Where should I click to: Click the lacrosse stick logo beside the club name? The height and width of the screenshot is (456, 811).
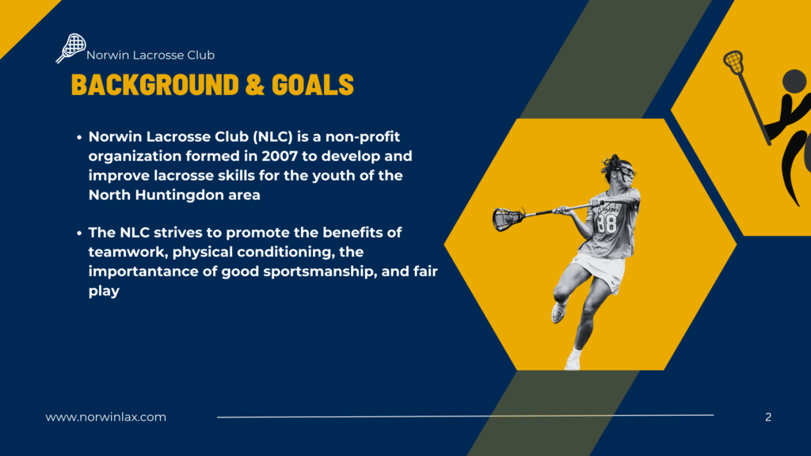[70, 48]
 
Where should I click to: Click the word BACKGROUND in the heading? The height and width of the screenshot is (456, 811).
[155, 85]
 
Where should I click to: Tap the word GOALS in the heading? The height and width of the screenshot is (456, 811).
[312, 85]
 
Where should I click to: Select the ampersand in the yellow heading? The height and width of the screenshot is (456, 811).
[255, 85]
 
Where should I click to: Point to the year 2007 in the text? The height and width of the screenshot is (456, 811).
[280, 156]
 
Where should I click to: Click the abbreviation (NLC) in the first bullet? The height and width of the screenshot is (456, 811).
[273, 137]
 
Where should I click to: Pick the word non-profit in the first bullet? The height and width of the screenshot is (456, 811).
[363, 137]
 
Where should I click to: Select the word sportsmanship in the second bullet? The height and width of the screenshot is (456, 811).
[320, 272]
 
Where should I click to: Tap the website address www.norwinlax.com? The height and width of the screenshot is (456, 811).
[106, 417]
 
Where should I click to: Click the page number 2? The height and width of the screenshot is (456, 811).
[768, 417]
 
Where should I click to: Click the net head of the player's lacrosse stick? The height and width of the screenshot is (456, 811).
[507, 218]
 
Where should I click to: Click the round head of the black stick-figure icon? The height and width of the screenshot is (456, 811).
[794, 82]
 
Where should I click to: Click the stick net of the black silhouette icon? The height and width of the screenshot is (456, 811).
[733, 62]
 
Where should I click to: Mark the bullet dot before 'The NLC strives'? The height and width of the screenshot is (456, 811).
[79, 234]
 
